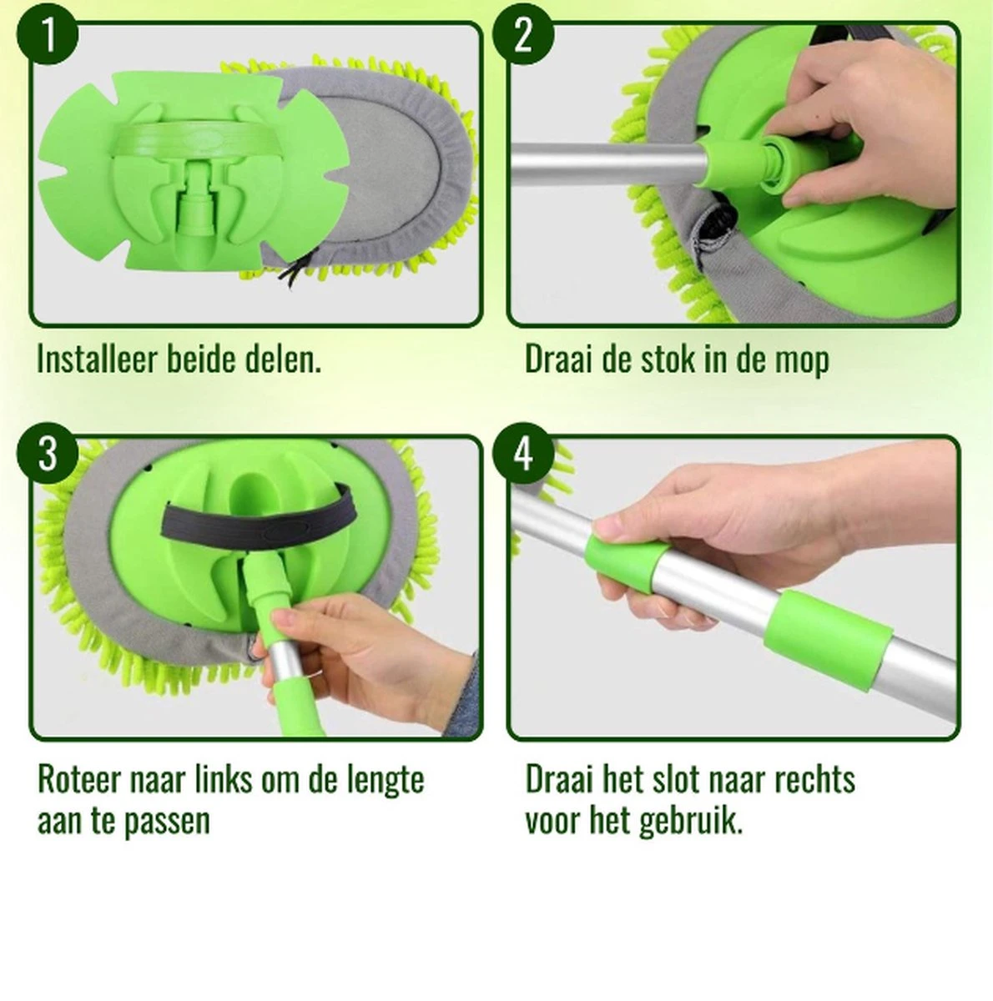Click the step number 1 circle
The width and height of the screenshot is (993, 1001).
49,38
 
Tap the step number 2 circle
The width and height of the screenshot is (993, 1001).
523,38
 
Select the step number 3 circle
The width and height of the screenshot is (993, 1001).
49,455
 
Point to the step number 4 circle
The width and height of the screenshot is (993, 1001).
523,455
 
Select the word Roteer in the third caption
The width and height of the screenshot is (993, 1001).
79,780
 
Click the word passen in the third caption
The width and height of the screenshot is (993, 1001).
167,822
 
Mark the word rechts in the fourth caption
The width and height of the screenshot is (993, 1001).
814,780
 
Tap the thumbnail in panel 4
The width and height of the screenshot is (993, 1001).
607,527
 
